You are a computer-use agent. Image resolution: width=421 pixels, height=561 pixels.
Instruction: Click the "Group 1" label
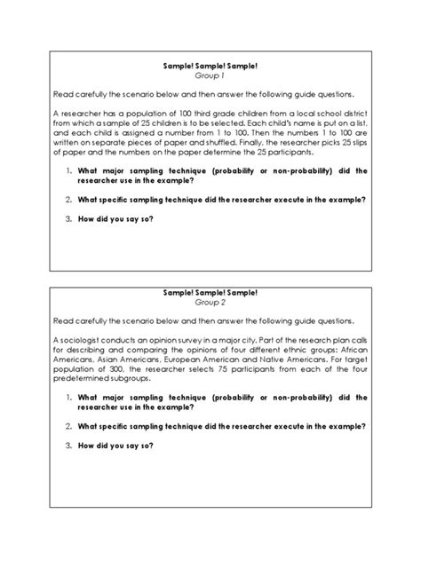210,77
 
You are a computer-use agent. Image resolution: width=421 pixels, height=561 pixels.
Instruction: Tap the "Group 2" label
210,302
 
